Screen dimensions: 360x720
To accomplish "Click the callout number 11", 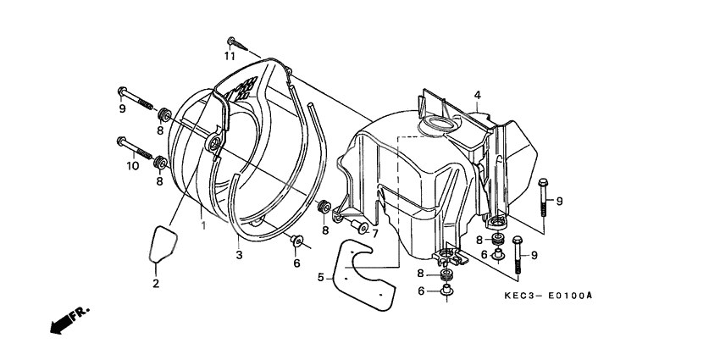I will tap(229, 56).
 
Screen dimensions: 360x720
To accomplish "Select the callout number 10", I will tap(133, 167).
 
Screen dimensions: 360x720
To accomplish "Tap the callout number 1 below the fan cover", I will tap(203, 225).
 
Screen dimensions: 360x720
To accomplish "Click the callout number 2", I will tap(156, 282).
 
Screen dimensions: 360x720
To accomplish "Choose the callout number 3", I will tap(240, 253).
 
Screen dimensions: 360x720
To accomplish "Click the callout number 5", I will tap(321, 276).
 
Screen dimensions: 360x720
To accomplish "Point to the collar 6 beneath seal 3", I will tap(296, 244).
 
